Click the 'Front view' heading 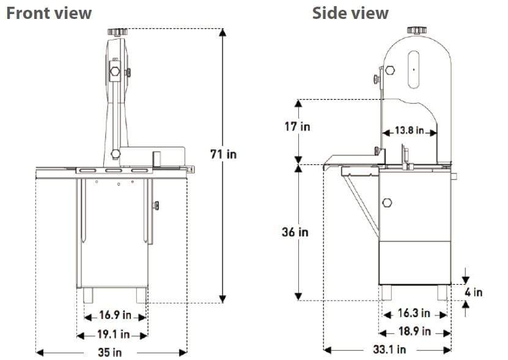pyautogui.click(x=49, y=13)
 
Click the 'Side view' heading pyautogui.click(x=350, y=13)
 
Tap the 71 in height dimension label pyautogui.click(x=223, y=154)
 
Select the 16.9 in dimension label pyautogui.click(x=115, y=315)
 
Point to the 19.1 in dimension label pyautogui.click(x=113, y=334)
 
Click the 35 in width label pyautogui.click(x=110, y=352)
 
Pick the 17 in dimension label pyautogui.click(x=297, y=127)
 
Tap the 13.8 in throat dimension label pyautogui.click(x=409, y=130)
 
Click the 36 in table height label pyautogui.click(x=295, y=232)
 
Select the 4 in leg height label pyautogui.click(x=473, y=292)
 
